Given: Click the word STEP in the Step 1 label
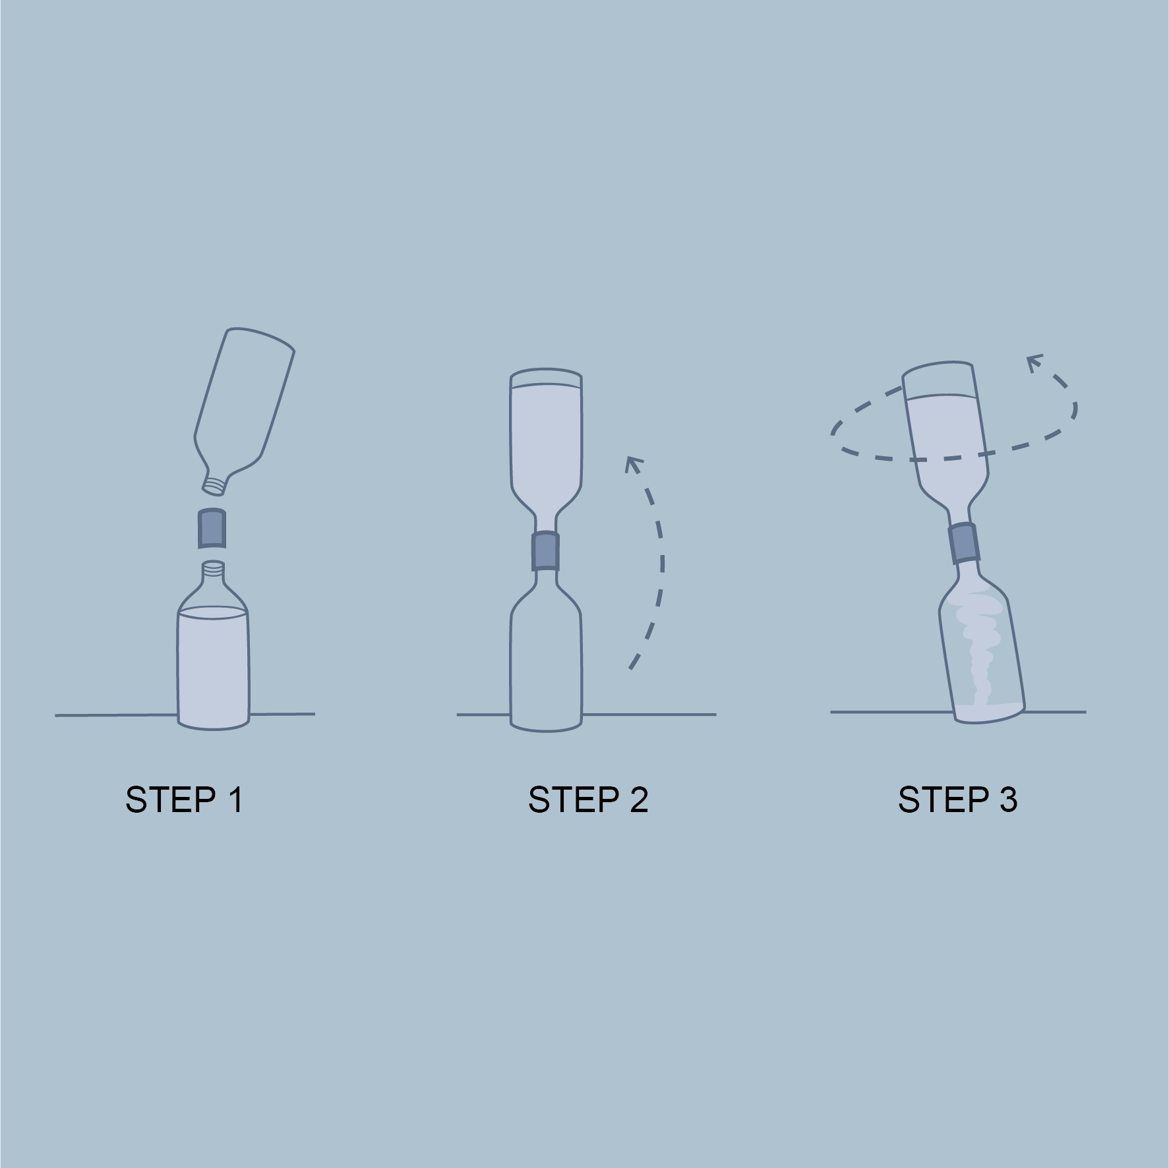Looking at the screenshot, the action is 169,800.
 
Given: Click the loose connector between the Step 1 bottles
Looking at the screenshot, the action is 212,527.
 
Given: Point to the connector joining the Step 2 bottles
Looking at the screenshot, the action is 546,550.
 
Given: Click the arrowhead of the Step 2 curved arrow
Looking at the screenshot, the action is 634,464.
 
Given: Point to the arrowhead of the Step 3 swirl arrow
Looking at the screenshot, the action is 1036,363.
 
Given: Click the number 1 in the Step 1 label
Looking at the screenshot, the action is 235,800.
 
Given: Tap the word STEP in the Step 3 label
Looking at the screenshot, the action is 943,800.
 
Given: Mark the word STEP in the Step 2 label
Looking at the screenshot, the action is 573,800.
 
